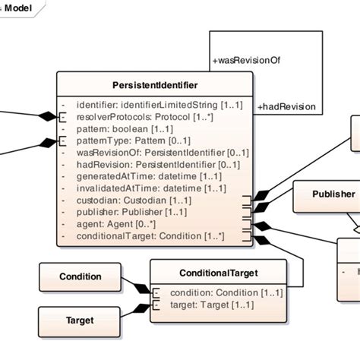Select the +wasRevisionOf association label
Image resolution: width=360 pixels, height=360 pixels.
(247, 59)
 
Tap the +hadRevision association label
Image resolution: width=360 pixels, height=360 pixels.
(286, 106)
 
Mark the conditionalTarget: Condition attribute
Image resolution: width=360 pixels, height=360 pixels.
(149, 236)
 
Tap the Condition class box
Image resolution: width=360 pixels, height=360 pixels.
(80, 276)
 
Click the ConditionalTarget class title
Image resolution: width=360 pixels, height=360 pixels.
(219, 272)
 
